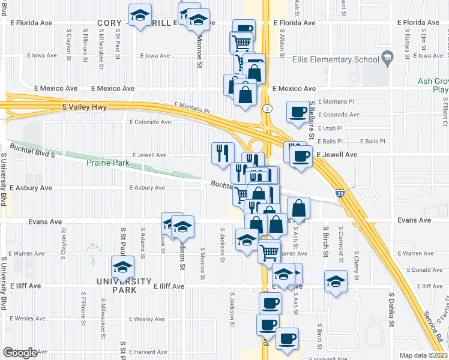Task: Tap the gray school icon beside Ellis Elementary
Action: (x=387, y=59)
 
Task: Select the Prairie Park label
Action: (x=107, y=163)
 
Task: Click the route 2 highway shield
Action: (x=266, y=108)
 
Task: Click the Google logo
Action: (x=20, y=353)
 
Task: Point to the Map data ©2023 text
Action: (x=424, y=355)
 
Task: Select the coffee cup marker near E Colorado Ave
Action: (x=298, y=112)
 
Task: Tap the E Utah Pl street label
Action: (x=331, y=128)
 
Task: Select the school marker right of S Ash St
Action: (x=336, y=280)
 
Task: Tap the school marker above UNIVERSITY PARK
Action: (x=123, y=266)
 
